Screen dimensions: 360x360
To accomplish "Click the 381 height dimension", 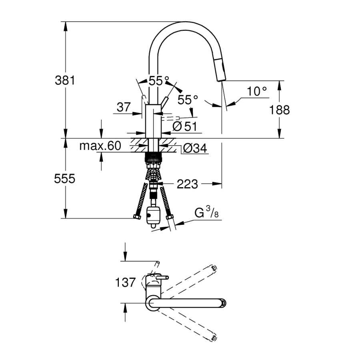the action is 65,80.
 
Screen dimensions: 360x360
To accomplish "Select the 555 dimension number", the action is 64,178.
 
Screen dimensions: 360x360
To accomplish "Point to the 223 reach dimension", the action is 187,184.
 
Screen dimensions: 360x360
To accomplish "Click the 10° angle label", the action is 257,91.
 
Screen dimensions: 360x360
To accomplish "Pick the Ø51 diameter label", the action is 184,126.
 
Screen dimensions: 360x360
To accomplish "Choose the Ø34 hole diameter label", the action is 195,148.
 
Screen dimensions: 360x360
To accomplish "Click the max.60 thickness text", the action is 100,146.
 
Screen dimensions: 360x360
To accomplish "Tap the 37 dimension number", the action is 124,107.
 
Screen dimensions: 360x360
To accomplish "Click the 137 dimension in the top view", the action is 125,282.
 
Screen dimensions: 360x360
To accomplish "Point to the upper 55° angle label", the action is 159,80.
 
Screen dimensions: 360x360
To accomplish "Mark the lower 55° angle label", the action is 188,100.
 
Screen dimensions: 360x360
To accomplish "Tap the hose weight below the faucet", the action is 153,216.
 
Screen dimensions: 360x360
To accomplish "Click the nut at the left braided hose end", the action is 137,216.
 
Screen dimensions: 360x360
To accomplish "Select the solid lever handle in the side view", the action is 165,103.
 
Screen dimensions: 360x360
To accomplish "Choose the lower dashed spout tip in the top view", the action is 214,338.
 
